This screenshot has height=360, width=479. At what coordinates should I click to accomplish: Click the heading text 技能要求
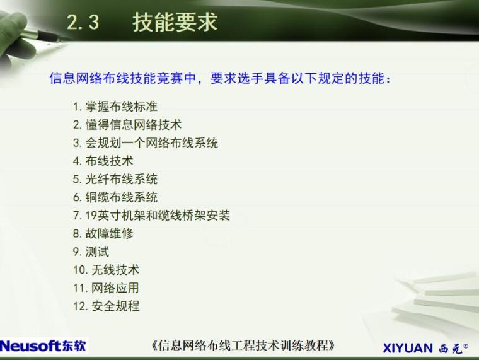click(x=175, y=22)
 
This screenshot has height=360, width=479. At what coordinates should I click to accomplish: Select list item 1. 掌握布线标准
click(x=115, y=106)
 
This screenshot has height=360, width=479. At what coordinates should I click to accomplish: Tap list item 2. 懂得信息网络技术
click(x=127, y=124)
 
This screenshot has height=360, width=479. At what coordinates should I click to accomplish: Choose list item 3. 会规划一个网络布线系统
click(x=145, y=142)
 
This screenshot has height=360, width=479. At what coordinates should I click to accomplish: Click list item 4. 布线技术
click(x=103, y=161)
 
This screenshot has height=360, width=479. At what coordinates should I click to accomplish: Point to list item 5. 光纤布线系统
click(x=115, y=179)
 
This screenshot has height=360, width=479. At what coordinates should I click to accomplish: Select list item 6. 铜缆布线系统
click(x=115, y=197)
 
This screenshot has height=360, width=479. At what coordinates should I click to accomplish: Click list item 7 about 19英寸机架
click(x=151, y=216)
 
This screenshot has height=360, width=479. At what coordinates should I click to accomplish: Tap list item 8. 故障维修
click(x=103, y=234)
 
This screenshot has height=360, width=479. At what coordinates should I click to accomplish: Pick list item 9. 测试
click(x=91, y=252)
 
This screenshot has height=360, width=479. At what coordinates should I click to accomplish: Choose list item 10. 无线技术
click(x=106, y=270)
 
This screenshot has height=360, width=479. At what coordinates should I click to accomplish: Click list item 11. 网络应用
click(x=106, y=288)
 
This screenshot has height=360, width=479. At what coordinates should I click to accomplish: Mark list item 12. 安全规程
click(x=106, y=306)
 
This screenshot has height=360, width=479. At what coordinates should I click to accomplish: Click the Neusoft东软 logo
click(x=43, y=346)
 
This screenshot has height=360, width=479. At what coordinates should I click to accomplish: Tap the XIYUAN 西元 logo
click(x=425, y=347)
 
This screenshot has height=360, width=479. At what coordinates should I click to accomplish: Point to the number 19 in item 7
click(x=91, y=216)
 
